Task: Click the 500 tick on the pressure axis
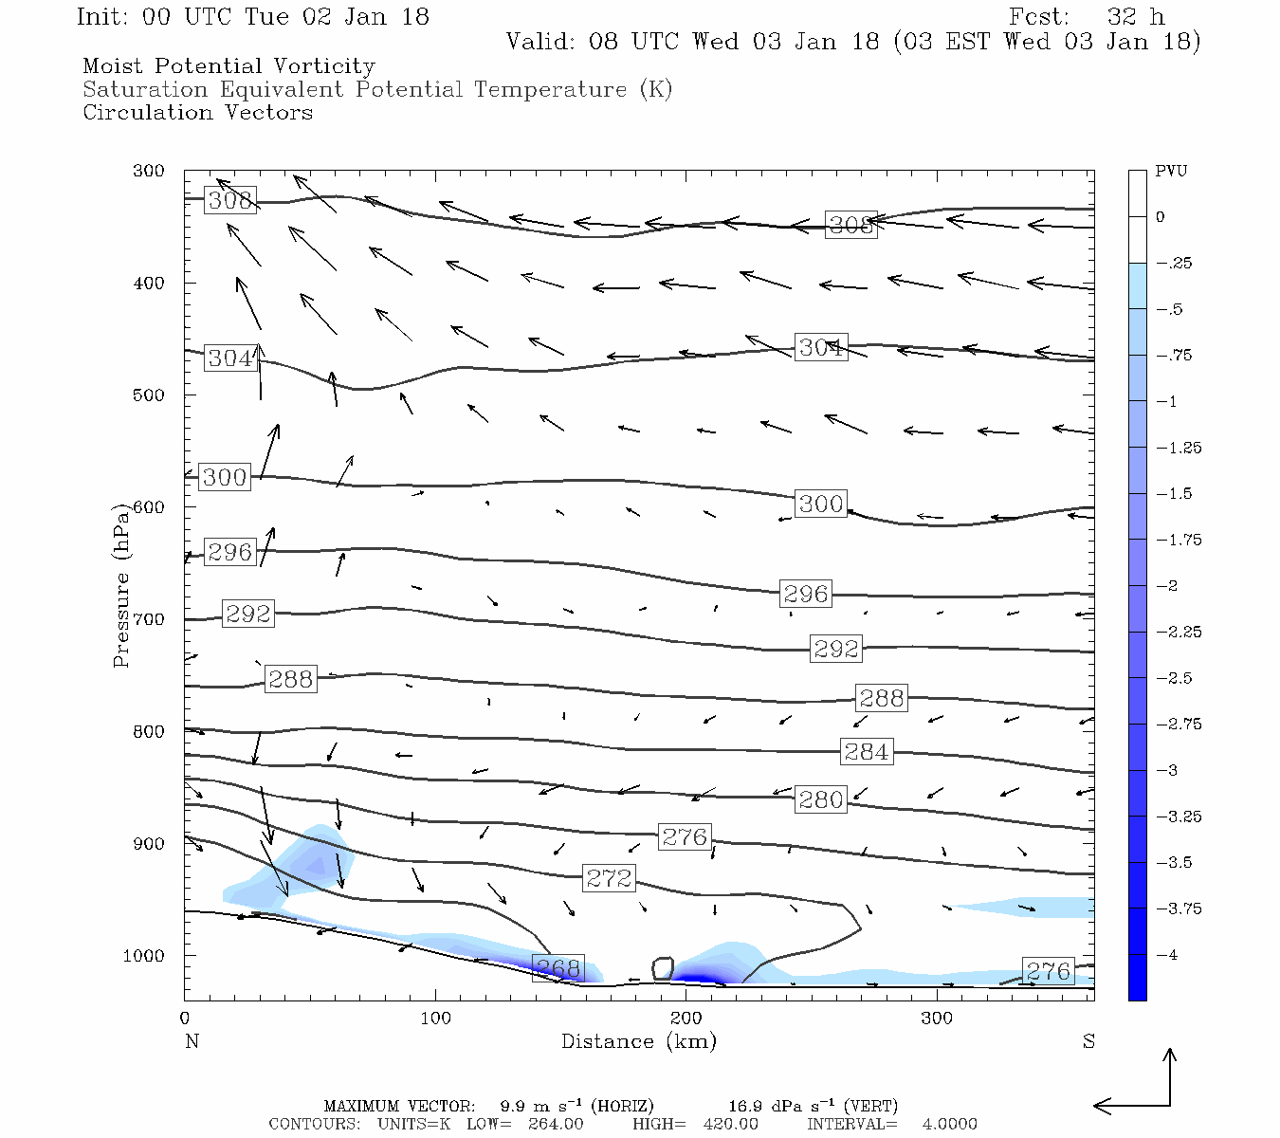pyautogui.click(x=148, y=395)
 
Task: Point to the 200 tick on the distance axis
pyautogui.click(x=686, y=1019)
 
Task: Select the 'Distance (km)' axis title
pyautogui.click(x=638, y=1041)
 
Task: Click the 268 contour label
pyautogui.click(x=558, y=968)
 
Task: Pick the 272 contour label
pyautogui.click(x=609, y=878)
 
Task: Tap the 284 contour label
pyautogui.click(x=867, y=752)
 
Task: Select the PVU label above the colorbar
pyautogui.click(x=1171, y=172)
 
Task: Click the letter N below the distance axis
pyautogui.click(x=192, y=1041)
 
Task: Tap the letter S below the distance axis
pyautogui.click(x=1088, y=1041)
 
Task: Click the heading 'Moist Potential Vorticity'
pyautogui.click(x=229, y=66)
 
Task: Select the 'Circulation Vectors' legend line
pyautogui.click(x=197, y=113)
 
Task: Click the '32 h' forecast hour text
pyautogui.click(x=1135, y=17)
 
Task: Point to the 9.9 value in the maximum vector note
pyautogui.click(x=512, y=1106)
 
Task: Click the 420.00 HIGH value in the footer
pyautogui.click(x=730, y=1124)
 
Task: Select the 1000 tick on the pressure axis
pyautogui.click(x=143, y=956)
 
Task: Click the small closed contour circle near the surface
pyautogui.click(x=663, y=968)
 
